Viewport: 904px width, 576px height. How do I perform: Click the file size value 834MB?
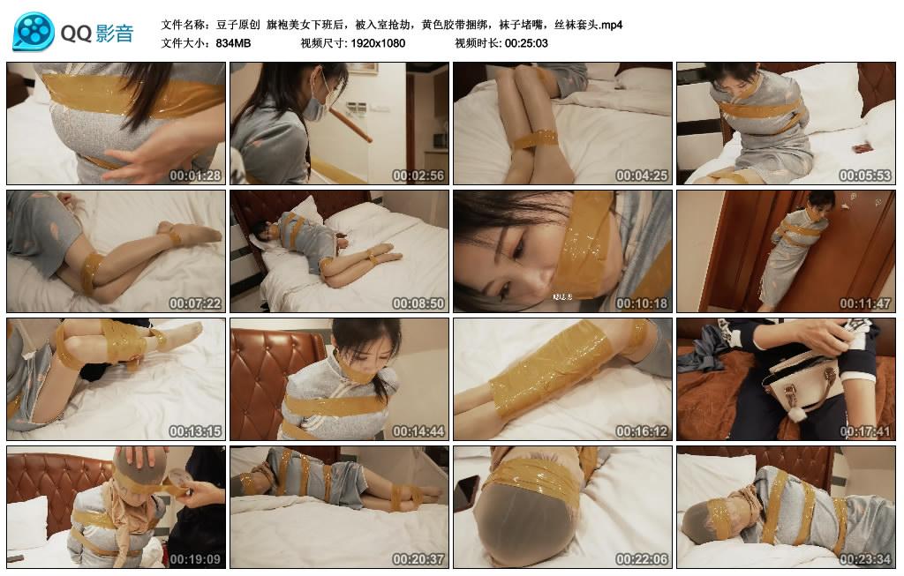tap(233, 42)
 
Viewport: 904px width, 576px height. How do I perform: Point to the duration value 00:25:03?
tap(526, 42)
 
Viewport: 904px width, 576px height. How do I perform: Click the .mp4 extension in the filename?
tap(609, 25)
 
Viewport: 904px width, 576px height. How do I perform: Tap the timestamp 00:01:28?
tap(196, 176)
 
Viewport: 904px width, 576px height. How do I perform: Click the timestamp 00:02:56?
tap(419, 176)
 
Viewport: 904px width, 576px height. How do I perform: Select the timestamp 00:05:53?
tap(865, 176)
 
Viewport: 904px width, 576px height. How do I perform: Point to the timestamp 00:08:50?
tap(419, 303)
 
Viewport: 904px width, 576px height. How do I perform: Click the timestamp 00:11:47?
tap(865, 303)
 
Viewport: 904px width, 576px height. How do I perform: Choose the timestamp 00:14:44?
tap(419, 431)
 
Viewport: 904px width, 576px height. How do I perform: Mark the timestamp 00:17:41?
tap(865, 431)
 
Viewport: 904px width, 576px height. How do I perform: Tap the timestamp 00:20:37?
tap(419, 559)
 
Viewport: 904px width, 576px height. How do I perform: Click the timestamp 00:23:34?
tap(865, 559)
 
